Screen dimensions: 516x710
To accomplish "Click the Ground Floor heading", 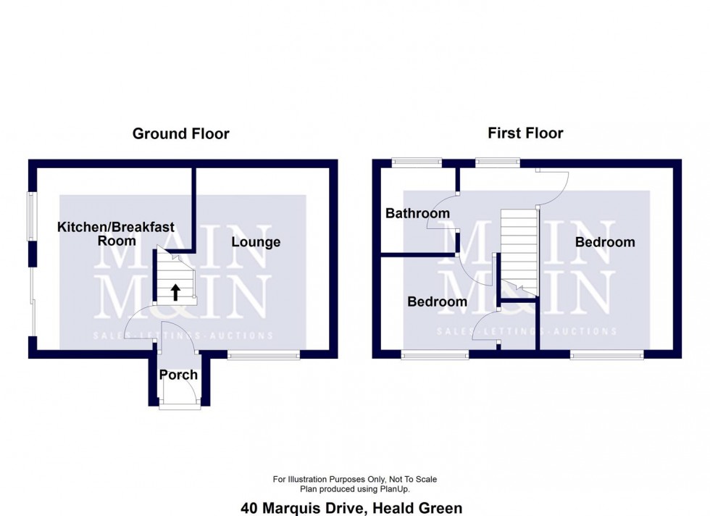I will (x=180, y=133).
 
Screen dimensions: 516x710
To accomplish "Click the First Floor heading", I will (x=525, y=133).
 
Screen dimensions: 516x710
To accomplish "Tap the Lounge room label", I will (x=256, y=242).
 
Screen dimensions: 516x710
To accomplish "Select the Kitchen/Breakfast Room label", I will (x=116, y=233).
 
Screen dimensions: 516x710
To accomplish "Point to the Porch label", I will (x=178, y=375).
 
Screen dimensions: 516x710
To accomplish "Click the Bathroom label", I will (x=417, y=213).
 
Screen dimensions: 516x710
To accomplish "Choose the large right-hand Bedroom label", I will (x=604, y=242).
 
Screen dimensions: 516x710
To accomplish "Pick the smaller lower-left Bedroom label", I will (x=437, y=301).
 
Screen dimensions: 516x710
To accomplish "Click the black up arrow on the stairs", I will (x=175, y=291).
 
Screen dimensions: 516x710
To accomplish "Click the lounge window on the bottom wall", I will (x=264, y=354).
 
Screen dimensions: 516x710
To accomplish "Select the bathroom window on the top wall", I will (x=416, y=163).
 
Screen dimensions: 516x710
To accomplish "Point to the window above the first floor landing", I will (x=498, y=163).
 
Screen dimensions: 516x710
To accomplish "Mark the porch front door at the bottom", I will (x=180, y=407).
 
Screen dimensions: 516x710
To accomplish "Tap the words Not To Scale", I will (x=409, y=479).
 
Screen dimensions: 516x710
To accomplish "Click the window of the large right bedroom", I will (x=606, y=354).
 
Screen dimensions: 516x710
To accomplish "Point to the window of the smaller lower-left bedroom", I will (x=435, y=354).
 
